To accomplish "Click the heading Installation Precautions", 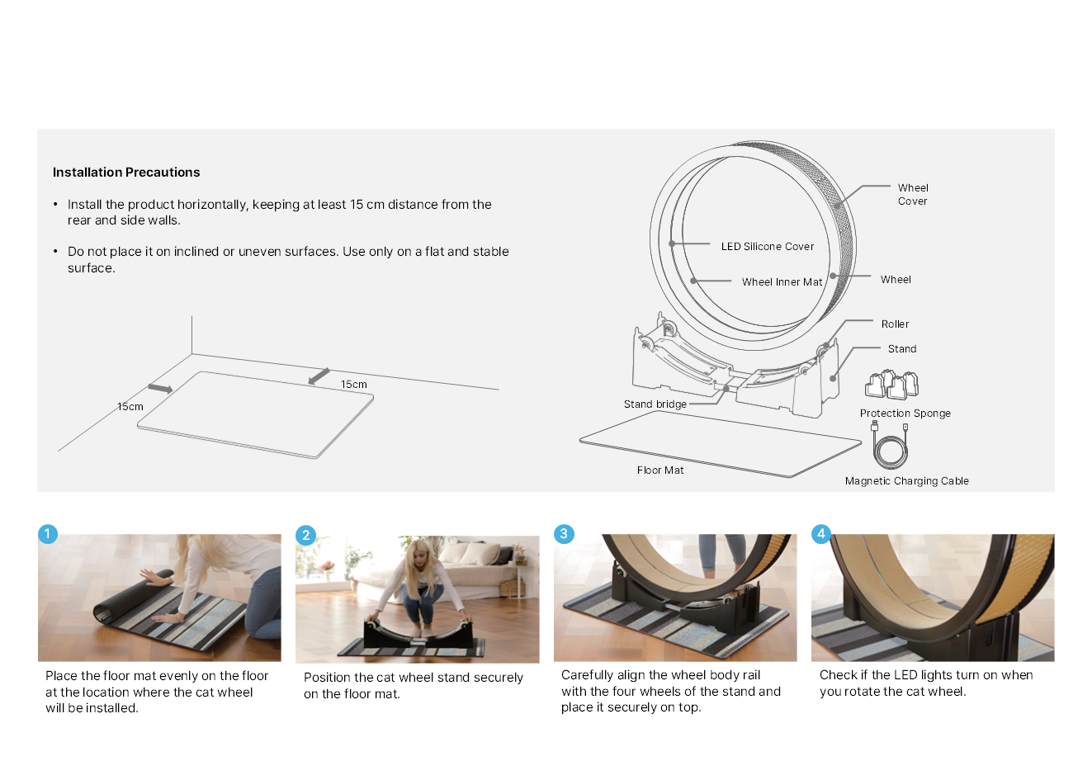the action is pyautogui.click(x=126, y=172).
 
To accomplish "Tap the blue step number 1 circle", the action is pyautogui.click(x=48, y=534).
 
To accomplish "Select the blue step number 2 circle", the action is pyautogui.click(x=305, y=536).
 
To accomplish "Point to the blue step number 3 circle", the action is pyautogui.click(x=564, y=533).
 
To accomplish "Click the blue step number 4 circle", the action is pyautogui.click(x=821, y=533).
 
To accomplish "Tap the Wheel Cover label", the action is pyautogui.click(x=913, y=195).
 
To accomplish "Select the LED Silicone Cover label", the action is pyautogui.click(x=768, y=247).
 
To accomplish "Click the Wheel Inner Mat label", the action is pyautogui.click(x=782, y=281).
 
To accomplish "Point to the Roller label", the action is pyautogui.click(x=895, y=324).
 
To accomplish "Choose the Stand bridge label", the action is pyautogui.click(x=655, y=404).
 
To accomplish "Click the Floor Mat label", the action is pyautogui.click(x=660, y=470).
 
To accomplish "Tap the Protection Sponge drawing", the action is pyautogui.click(x=891, y=385).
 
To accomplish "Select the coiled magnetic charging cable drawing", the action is pyautogui.click(x=890, y=446).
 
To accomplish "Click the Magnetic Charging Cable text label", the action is pyautogui.click(x=907, y=481).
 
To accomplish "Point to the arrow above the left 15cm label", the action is pyautogui.click(x=160, y=389).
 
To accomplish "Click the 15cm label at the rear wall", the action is pyautogui.click(x=354, y=385).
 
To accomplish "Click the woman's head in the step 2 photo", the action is pyautogui.click(x=417, y=554).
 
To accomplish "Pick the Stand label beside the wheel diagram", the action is pyautogui.click(x=902, y=349).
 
